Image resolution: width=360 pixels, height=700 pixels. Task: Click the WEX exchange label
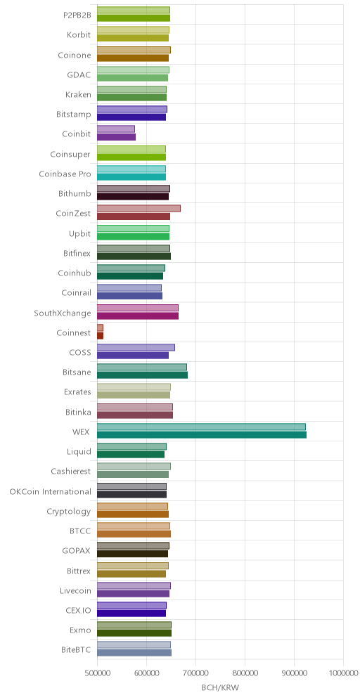click(x=82, y=432)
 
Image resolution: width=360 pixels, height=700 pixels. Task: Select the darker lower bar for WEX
click(x=202, y=435)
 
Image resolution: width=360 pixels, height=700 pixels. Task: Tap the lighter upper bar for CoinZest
click(x=139, y=209)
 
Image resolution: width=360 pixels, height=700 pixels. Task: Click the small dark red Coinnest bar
click(x=100, y=336)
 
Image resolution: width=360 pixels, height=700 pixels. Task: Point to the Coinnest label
click(x=74, y=333)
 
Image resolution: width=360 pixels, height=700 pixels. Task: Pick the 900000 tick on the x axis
click(x=294, y=673)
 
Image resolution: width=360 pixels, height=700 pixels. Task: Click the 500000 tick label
click(x=97, y=673)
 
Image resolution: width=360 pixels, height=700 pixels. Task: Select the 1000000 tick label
click(x=343, y=673)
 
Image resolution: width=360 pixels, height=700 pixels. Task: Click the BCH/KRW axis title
click(x=220, y=687)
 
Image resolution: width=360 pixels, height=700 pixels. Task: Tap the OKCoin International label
click(x=51, y=491)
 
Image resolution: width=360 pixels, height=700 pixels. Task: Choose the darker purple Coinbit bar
click(x=116, y=137)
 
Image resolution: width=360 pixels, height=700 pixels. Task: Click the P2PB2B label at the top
click(x=77, y=15)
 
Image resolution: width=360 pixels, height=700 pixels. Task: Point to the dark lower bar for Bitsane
click(x=143, y=375)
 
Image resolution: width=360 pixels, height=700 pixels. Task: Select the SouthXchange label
click(x=63, y=313)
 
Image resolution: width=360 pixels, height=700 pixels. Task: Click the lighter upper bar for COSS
click(x=136, y=348)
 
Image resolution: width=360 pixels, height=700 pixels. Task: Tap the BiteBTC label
click(x=76, y=649)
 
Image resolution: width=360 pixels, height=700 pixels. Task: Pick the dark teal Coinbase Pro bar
click(x=131, y=177)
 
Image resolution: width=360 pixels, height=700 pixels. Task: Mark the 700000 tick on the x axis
click(x=195, y=673)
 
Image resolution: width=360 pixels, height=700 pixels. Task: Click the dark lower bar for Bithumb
click(x=133, y=196)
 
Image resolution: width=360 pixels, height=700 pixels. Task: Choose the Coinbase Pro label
click(x=65, y=174)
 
